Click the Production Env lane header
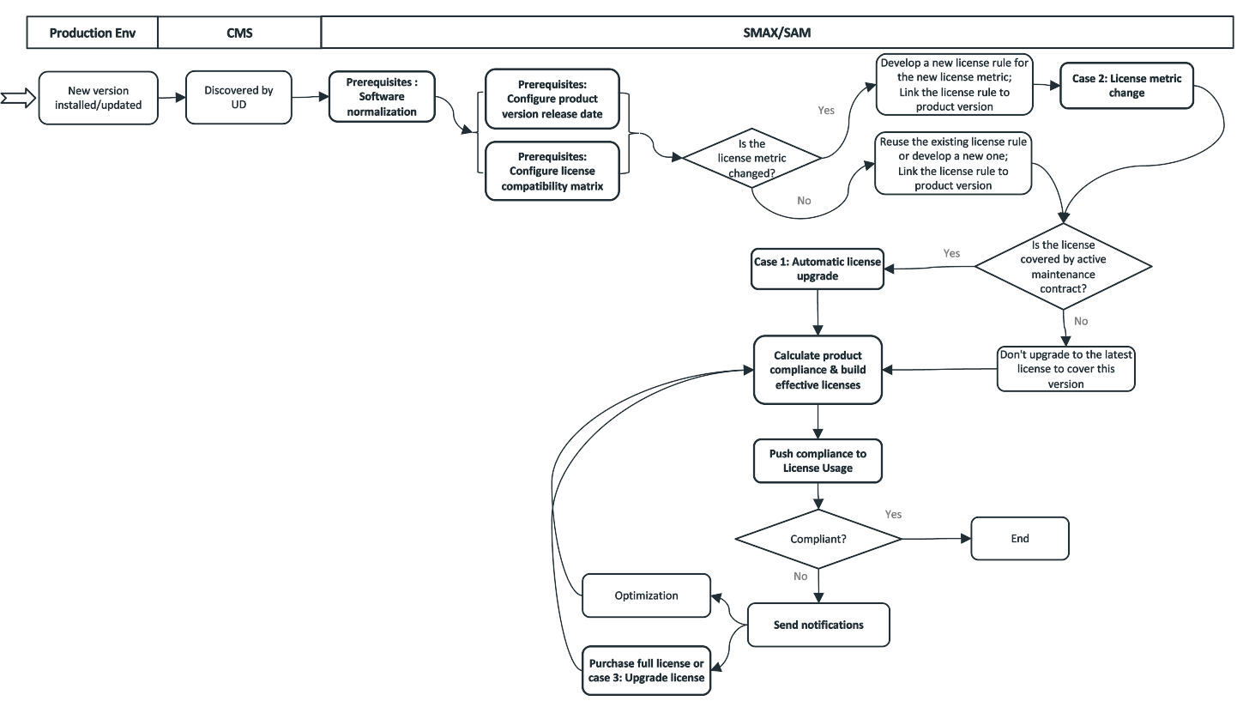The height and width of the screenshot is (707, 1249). point(93,33)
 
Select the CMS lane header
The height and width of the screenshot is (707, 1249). point(239,33)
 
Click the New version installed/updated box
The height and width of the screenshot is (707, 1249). point(98,98)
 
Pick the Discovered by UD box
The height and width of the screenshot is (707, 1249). point(239,97)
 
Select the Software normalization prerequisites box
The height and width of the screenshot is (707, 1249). point(382,97)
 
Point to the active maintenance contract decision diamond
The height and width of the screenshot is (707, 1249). point(1063,267)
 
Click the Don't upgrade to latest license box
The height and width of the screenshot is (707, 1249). point(1065,370)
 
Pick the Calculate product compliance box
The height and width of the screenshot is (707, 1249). point(818,370)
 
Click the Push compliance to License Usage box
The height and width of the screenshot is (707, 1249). point(818,461)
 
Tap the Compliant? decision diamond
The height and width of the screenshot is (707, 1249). point(818,539)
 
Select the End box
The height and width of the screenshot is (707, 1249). point(1019,539)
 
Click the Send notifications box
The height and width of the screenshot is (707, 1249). point(818,625)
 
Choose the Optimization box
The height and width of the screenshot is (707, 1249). point(646,595)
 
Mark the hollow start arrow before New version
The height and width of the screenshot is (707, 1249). point(17,98)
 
